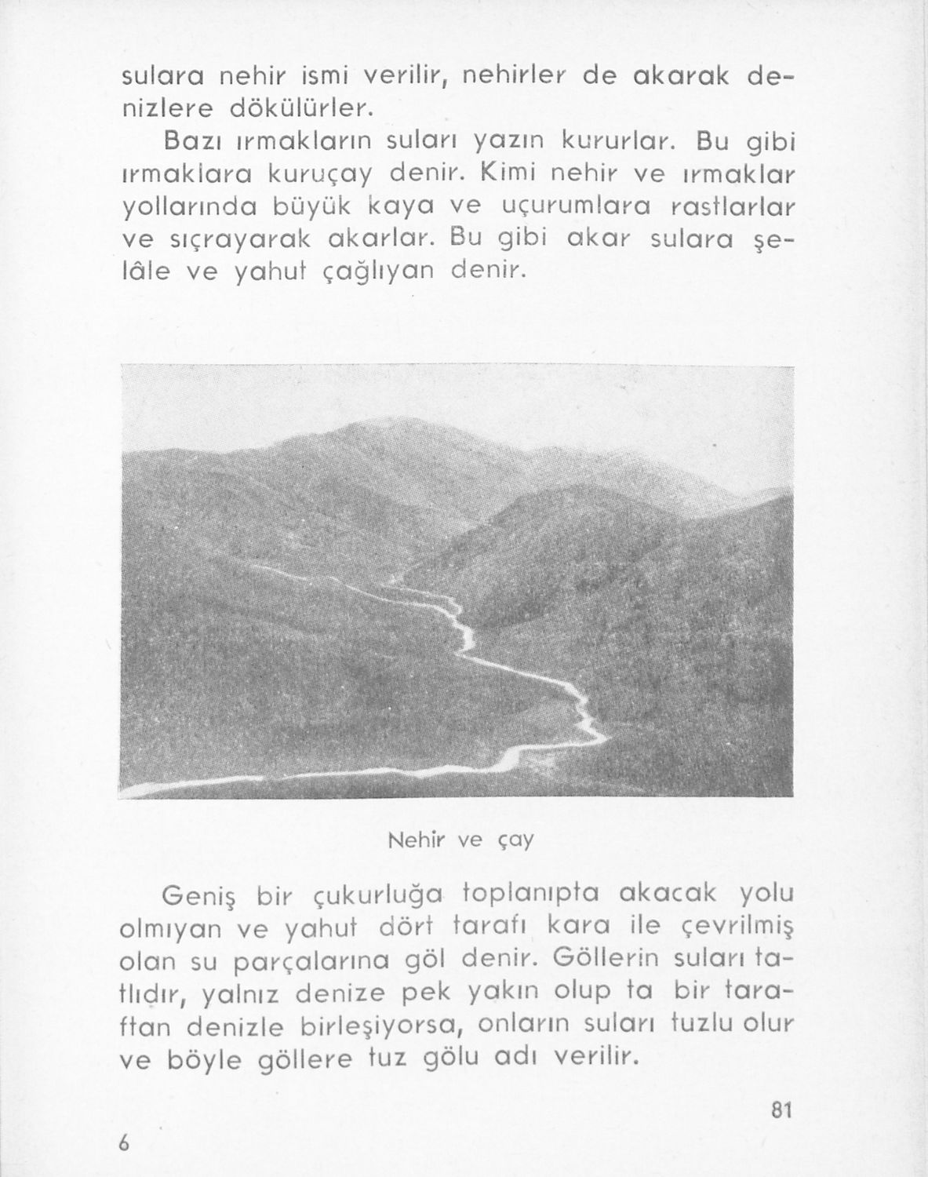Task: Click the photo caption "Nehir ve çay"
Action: point(461,840)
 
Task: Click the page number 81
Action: point(781,1110)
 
